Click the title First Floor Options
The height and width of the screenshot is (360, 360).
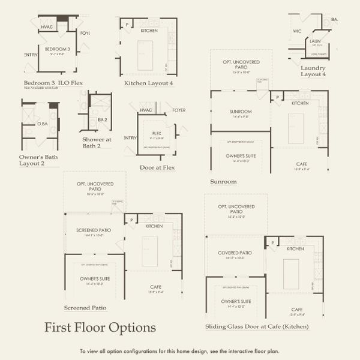click(100, 328)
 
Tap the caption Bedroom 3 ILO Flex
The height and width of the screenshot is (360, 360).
click(52, 82)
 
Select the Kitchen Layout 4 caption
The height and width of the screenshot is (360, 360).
click(149, 83)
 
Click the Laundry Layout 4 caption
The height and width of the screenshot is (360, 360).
click(313, 71)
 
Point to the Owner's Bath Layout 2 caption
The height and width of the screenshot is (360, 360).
click(34, 160)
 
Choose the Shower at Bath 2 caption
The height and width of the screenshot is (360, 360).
click(96, 143)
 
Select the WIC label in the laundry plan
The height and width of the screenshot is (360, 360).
click(297, 31)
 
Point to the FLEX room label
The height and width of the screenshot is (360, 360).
click(157, 133)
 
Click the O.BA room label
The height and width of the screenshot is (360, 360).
click(42, 124)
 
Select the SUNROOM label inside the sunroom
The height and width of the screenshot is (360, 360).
click(240, 112)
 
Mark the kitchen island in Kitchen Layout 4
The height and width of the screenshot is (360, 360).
click(145, 55)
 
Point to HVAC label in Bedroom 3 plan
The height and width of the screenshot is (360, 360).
click(47, 27)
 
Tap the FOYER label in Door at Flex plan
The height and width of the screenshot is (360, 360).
click(179, 110)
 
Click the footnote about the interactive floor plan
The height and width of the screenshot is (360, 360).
click(179, 351)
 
